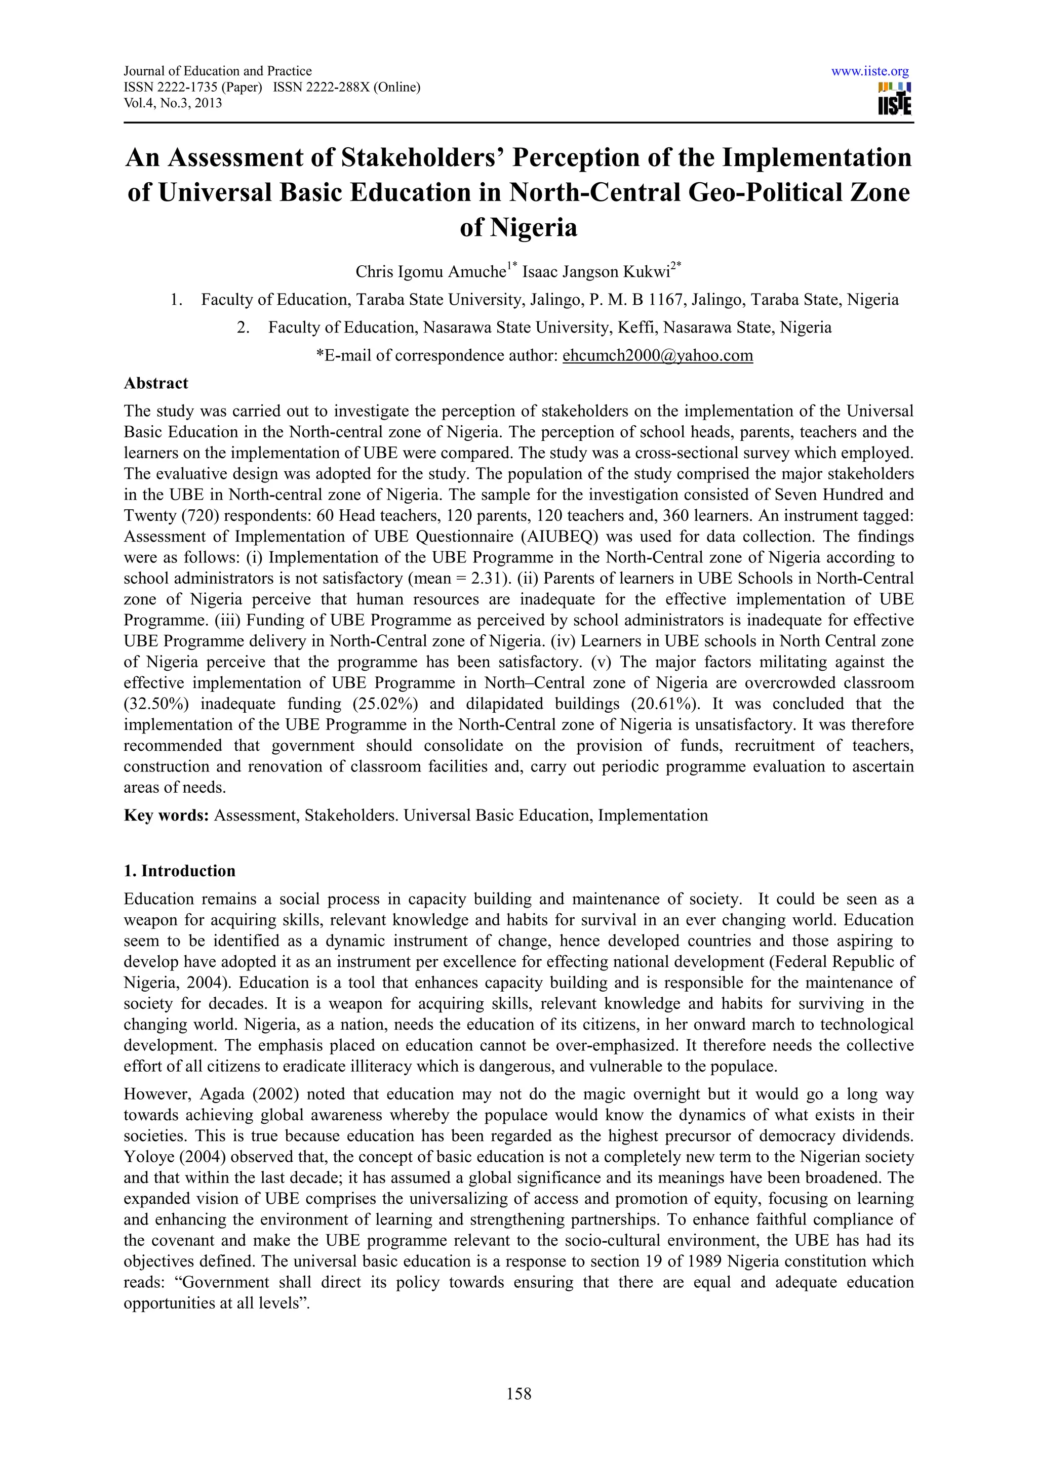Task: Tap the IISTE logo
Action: [895, 98]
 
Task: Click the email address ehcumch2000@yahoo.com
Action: [657, 355]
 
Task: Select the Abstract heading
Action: [156, 383]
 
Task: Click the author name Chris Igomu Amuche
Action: [430, 272]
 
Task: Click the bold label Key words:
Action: [166, 816]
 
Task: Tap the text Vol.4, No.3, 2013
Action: [173, 103]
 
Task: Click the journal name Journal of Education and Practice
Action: [217, 71]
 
